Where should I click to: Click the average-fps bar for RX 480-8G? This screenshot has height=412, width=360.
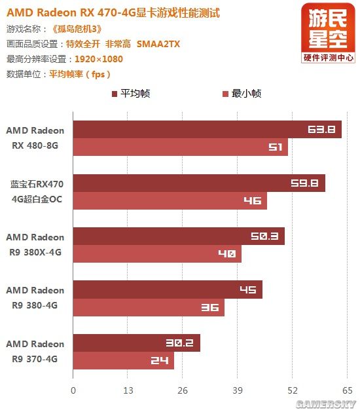pyautogui.click(x=207, y=129)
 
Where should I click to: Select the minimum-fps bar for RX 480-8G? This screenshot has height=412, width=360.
pyautogui.click(x=180, y=147)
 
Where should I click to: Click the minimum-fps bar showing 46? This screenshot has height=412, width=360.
pyautogui.click(x=170, y=200)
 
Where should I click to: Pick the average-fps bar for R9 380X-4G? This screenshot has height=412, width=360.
pyautogui.click(x=178, y=236)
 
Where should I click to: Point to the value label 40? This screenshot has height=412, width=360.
pyautogui.click(x=226, y=253)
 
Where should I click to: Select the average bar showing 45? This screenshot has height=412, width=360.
pyautogui.click(x=167, y=290)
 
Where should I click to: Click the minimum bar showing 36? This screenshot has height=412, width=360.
pyautogui.click(x=148, y=307)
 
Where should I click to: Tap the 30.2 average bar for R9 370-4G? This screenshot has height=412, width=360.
pyautogui.click(x=136, y=343)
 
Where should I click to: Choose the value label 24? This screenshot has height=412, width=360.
pyautogui.click(x=159, y=360)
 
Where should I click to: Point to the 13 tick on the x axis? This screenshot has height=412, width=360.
pyautogui.click(x=128, y=391)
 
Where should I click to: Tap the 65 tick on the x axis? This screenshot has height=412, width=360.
pyautogui.click(x=348, y=391)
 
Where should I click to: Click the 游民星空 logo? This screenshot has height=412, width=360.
pyautogui.click(x=329, y=33)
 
